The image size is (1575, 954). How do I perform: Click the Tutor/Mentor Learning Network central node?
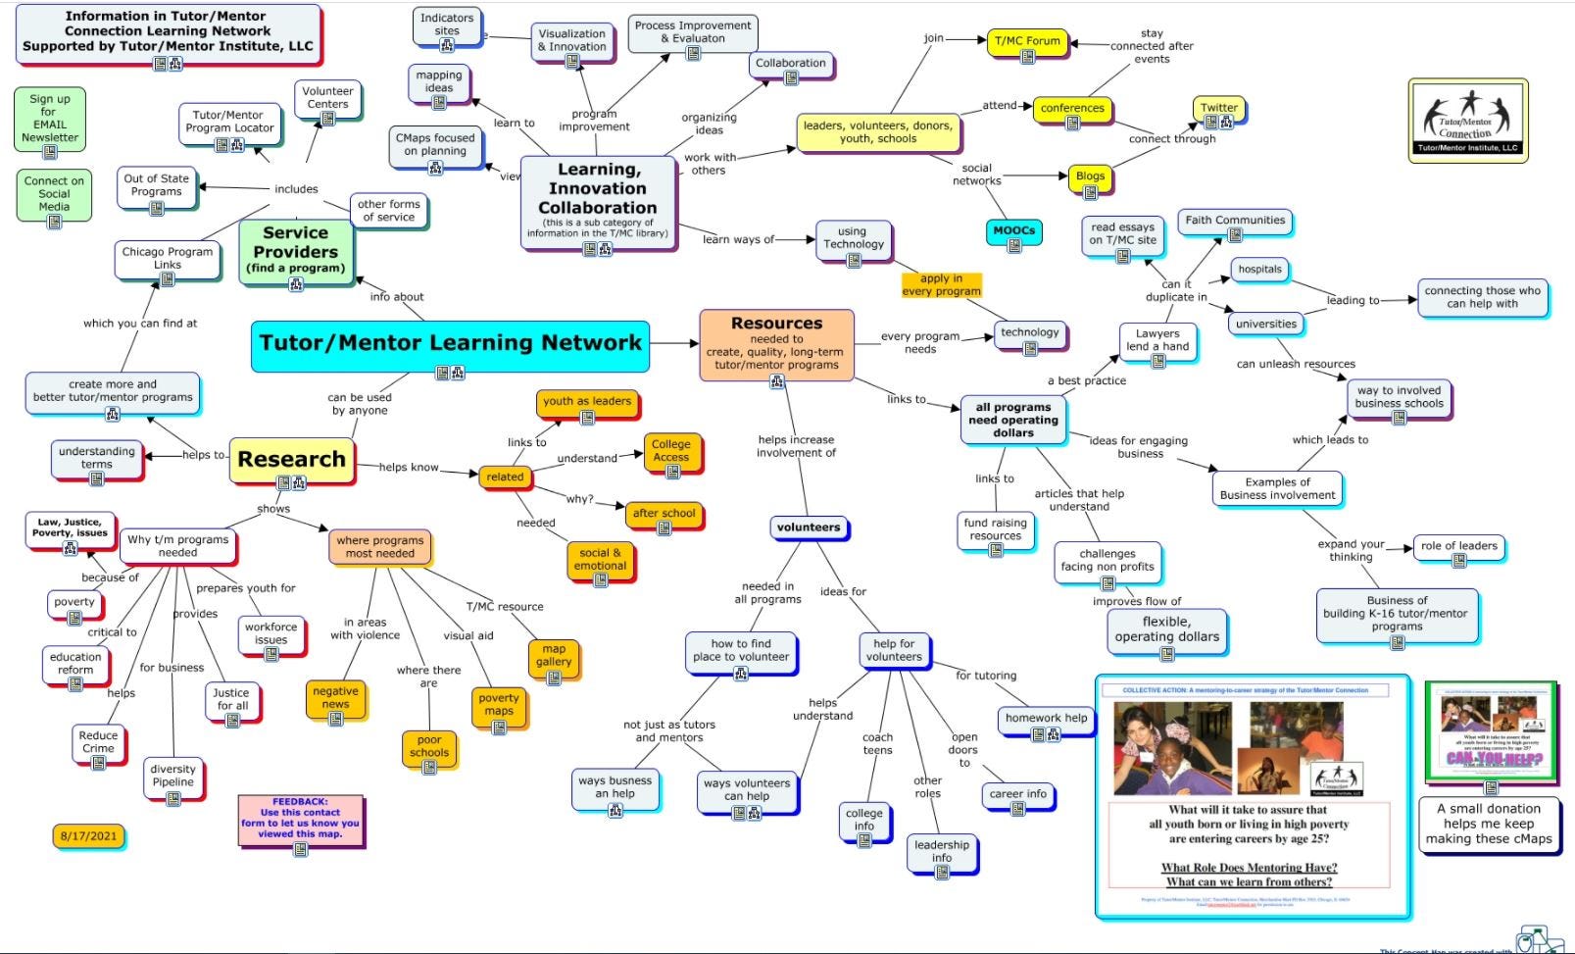coord(450,344)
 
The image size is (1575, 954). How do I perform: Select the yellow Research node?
coord(291,460)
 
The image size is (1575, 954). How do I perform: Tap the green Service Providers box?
coord(295,250)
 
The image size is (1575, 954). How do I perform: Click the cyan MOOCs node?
coord(1013,231)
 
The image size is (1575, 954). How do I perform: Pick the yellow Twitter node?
coord(1218,109)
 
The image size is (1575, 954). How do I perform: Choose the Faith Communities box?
coord(1234,221)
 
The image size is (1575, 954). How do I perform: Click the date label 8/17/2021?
coord(88,836)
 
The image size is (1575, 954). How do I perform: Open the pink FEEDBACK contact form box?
coord(300,820)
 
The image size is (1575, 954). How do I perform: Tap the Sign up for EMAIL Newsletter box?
coord(49,120)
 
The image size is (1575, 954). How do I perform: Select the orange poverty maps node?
coord(498,706)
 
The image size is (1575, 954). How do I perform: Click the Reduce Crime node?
coord(98,743)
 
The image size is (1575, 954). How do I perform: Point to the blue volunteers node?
coord(808,527)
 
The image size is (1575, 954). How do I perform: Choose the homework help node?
coord(1046,720)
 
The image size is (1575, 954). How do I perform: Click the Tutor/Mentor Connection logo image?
coord(1467,121)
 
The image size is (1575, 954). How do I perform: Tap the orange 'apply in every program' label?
coord(941,284)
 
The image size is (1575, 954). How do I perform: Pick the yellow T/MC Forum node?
coord(1027,42)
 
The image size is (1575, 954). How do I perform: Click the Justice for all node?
coord(231,700)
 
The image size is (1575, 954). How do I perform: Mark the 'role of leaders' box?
coord(1458,547)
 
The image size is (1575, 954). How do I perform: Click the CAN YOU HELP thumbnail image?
coord(1489,730)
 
